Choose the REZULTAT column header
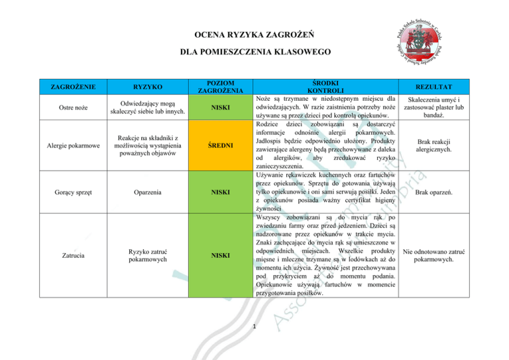point(447,86)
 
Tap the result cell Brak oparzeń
point(447,192)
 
